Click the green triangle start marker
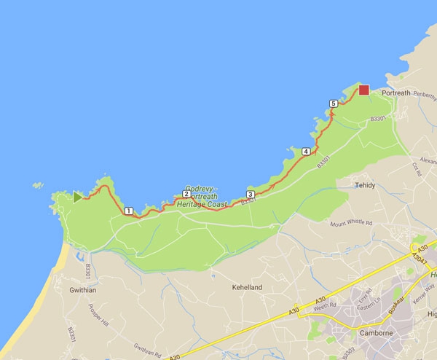[77, 196]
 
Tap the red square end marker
[363, 90]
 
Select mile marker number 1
[128, 211]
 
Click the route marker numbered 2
[186, 194]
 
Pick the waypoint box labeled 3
[250, 195]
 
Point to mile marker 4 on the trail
[305, 152]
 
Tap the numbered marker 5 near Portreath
[333, 104]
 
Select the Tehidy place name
[365, 185]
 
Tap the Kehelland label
[247, 288]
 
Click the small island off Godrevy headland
[38, 185]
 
